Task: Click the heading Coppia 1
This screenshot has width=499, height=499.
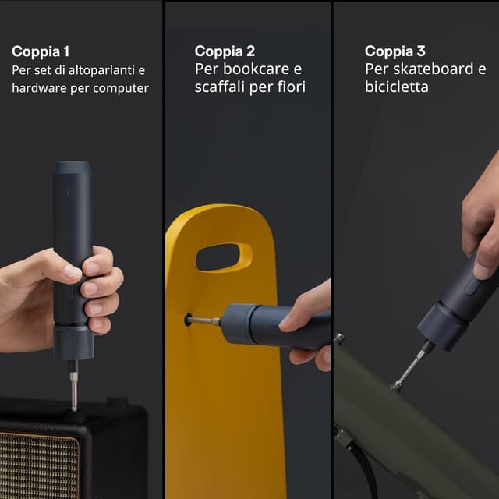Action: (x=41, y=51)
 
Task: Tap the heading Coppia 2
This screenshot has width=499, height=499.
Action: (x=225, y=51)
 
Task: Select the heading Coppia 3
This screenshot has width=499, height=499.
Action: (x=395, y=51)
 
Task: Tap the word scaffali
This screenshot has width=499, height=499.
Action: (x=220, y=87)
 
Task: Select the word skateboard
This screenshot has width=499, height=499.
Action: (x=434, y=69)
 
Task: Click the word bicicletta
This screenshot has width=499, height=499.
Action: (x=397, y=87)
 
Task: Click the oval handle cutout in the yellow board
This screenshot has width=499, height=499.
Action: (x=224, y=257)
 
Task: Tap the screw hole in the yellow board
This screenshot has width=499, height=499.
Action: (x=187, y=320)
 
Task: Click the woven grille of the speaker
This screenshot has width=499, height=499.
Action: (x=39, y=465)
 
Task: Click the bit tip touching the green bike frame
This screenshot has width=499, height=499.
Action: (x=395, y=387)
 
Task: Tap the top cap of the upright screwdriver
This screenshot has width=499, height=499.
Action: (x=73, y=168)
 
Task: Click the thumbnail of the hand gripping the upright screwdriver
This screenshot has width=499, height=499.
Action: (x=73, y=272)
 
